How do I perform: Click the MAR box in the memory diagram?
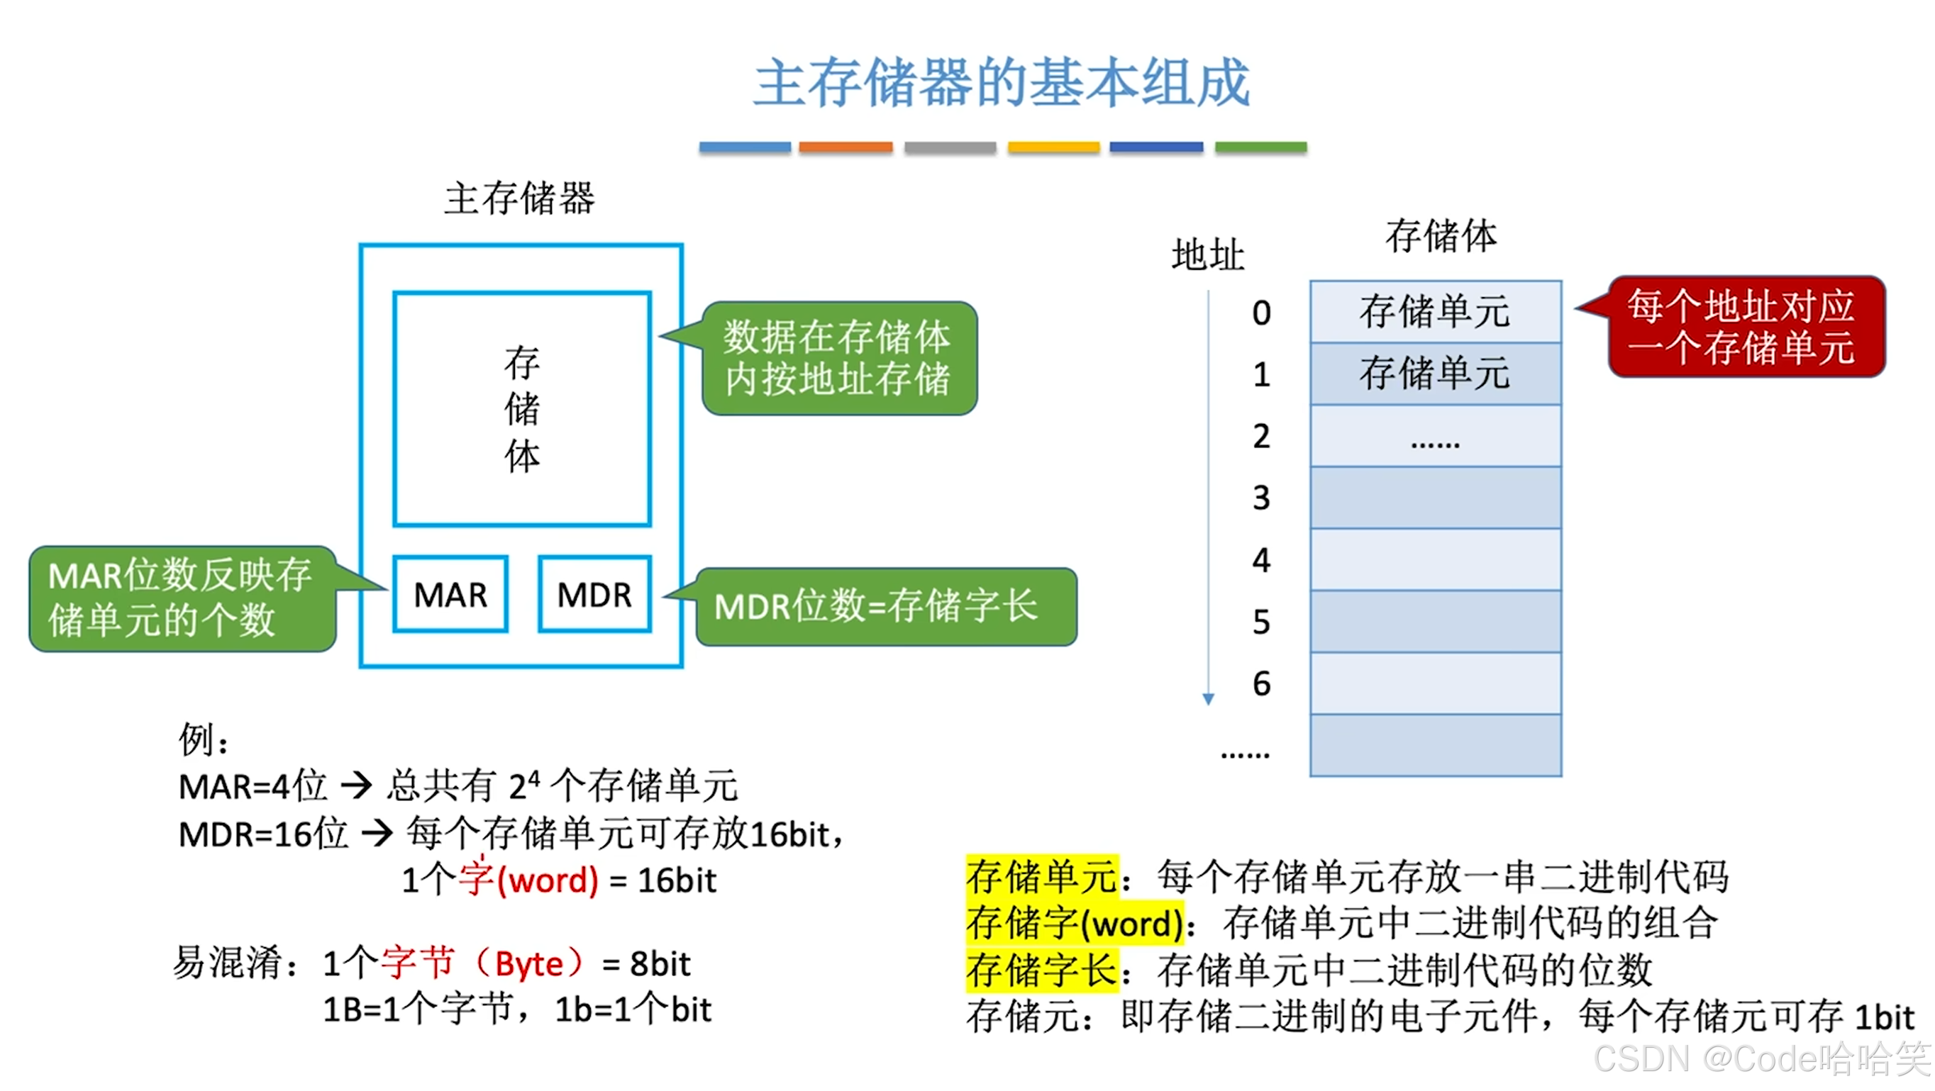point(450,594)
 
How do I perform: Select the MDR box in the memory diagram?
point(594,594)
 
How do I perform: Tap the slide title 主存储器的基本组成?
point(1002,83)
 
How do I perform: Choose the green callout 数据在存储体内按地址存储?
point(838,358)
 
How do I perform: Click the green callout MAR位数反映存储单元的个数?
point(182,598)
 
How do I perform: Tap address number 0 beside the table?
point(1261,313)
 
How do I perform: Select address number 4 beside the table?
point(1261,560)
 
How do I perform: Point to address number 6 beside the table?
point(1261,683)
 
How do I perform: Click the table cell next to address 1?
point(1435,374)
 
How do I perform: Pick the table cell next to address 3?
point(1435,498)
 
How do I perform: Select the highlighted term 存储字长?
point(1041,969)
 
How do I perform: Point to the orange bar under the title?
point(845,147)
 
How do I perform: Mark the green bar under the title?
point(1260,147)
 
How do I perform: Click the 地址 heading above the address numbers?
point(1208,255)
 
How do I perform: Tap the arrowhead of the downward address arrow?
point(1208,699)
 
